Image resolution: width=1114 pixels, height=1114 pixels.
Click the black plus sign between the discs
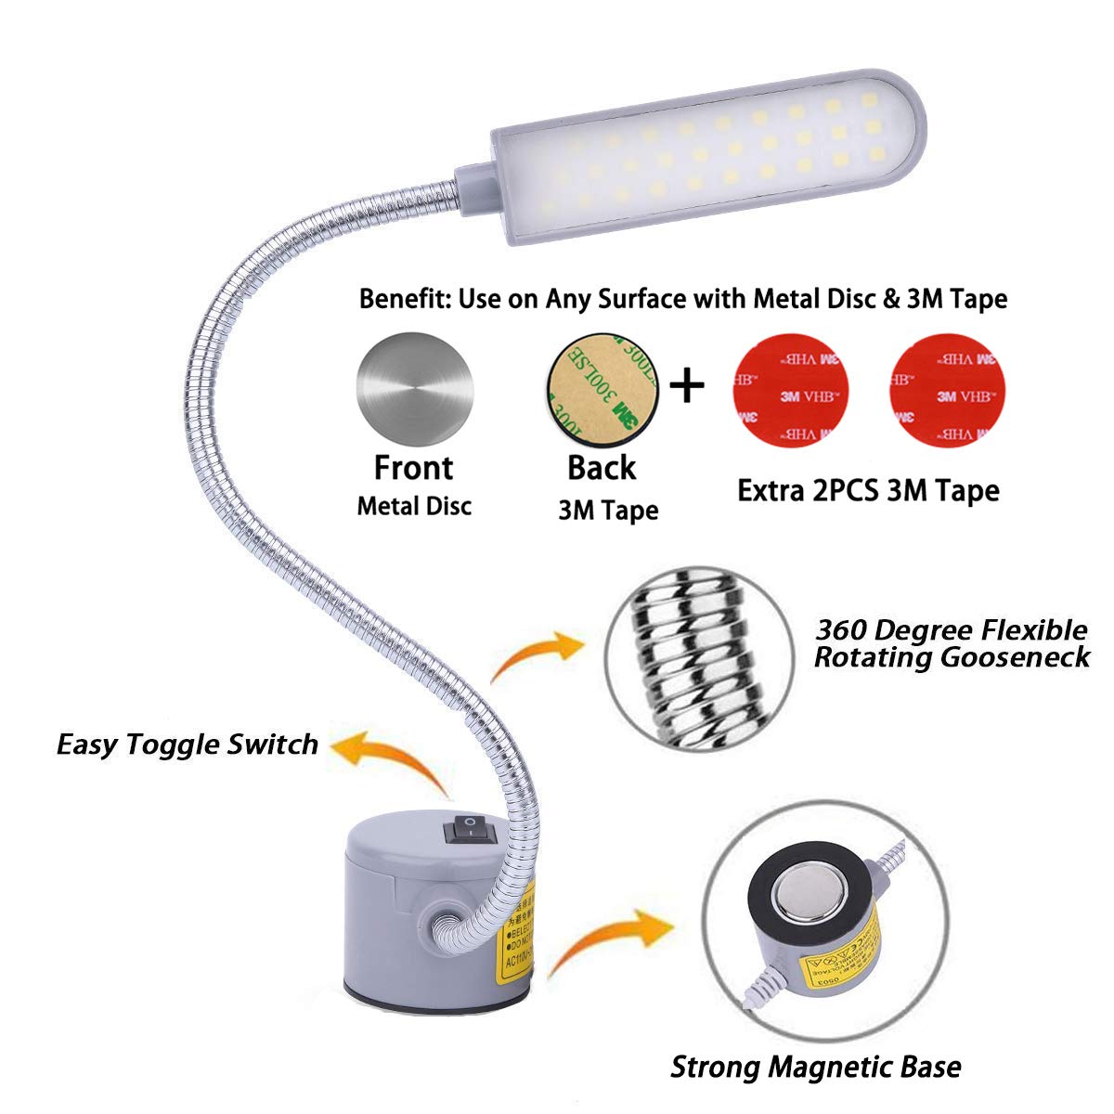[687, 384]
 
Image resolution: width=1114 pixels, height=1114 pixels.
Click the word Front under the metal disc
[413, 467]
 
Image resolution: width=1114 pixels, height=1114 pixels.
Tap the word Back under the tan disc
[602, 468]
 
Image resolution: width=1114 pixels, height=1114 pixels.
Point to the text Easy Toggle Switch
[188, 744]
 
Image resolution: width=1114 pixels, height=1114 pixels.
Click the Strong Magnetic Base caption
[815, 1067]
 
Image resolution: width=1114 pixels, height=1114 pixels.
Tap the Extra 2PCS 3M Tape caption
[868, 489]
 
